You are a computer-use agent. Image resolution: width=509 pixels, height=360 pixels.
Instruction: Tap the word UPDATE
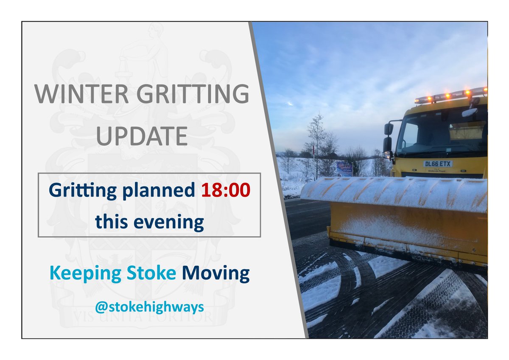click(x=142, y=135)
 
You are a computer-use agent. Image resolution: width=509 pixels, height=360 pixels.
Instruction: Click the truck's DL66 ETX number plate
click(x=437, y=164)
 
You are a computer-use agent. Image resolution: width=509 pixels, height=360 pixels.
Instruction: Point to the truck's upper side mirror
click(x=389, y=129)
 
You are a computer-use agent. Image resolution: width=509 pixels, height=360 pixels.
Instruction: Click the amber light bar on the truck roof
click(x=450, y=96)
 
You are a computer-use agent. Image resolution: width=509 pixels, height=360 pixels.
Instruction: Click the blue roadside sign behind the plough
click(x=344, y=169)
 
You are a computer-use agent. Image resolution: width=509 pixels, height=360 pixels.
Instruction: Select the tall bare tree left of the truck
click(x=316, y=140)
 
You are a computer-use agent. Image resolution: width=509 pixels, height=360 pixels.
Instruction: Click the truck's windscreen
click(x=441, y=132)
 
